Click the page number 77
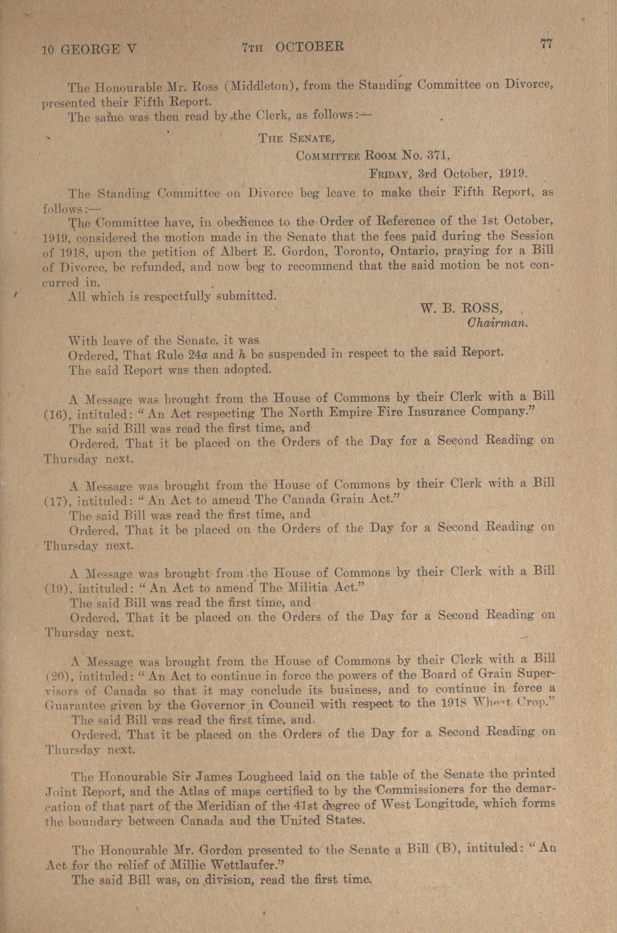point(547,44)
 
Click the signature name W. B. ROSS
point(461,309)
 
